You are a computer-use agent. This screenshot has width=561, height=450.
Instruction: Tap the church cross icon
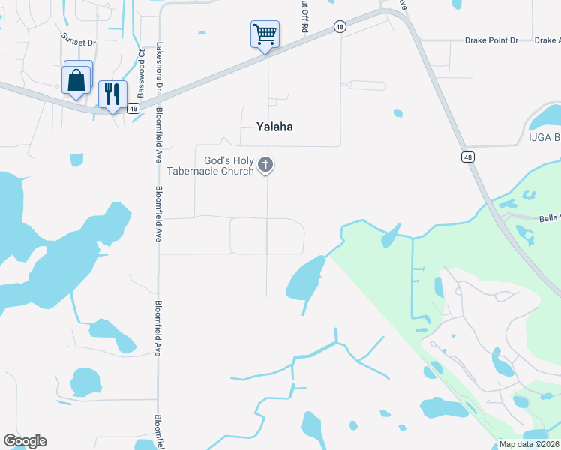click(x=265, y=164)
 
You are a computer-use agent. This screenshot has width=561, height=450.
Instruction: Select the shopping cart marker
click(x=265, y=34)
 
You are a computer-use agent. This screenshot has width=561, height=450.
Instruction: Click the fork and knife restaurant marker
click(x=112, y=94)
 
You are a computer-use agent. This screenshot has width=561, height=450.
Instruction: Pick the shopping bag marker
click(x=77, y=80)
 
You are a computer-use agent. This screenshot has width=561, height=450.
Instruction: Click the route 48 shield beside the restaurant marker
click(x=133, y=108)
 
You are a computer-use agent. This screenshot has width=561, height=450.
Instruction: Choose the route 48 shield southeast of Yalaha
click(x=467, y=157)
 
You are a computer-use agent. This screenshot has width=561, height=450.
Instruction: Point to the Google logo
click(x=25, y=441)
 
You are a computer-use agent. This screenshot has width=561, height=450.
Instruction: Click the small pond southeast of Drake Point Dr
click(x=398, y=113)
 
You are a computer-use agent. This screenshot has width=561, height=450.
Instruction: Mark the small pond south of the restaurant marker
click(x=76, y=160)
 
